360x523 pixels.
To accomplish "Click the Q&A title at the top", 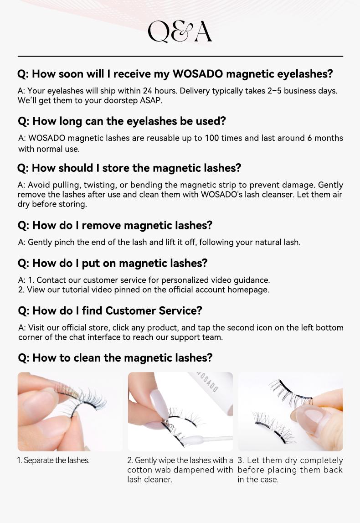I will click(180, 31).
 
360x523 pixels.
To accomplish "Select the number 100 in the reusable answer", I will click(211, 138).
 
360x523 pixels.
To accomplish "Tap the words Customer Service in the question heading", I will click(154, 311).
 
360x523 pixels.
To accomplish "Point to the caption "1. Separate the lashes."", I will click(53, 461).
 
